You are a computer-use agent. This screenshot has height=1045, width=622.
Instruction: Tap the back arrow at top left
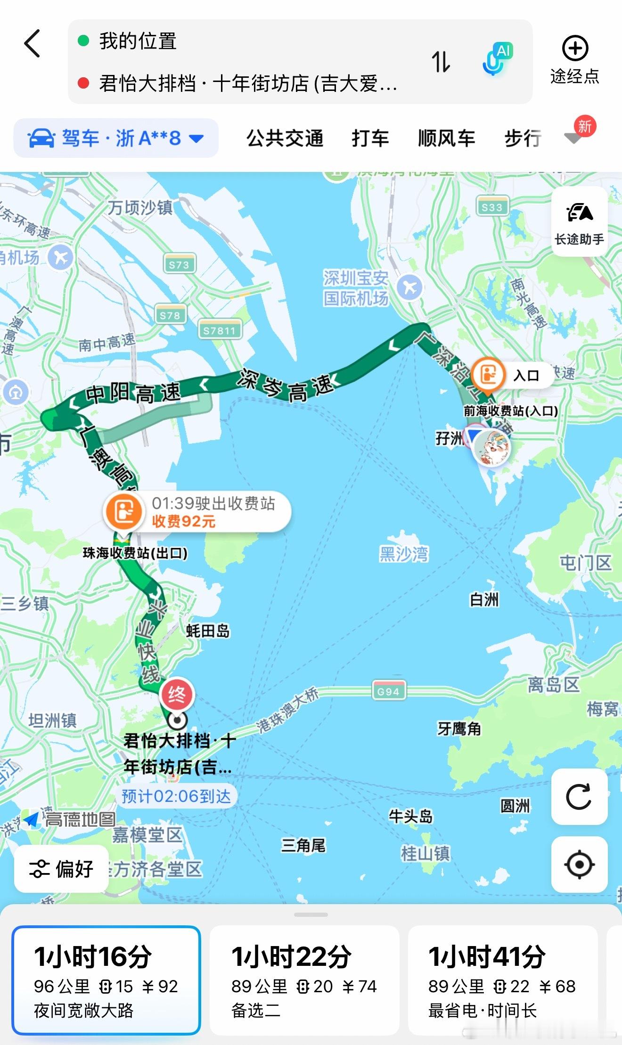(x=32, y=43)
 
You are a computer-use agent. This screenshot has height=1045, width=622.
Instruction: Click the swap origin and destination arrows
(x=441, y=62)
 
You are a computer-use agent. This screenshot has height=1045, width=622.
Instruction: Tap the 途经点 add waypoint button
(x=575, y=59)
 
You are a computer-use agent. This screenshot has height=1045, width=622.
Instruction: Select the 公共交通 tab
(x=285, y=139)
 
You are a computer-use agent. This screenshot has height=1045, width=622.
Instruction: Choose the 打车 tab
(x=370, y=139)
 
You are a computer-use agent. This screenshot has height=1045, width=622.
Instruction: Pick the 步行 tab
(x=523, y=139)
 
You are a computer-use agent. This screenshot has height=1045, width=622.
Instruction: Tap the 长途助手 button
(x=579, y=222)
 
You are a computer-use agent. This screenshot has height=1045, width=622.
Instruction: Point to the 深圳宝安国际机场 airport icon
(x=409, y=287)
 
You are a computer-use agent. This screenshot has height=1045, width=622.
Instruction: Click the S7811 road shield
(x=219, y=330)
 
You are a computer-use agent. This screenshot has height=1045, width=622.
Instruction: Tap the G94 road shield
(x=388, y=691)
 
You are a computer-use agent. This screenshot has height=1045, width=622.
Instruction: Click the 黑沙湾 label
(x=404, y=554)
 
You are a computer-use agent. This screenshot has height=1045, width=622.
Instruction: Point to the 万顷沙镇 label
(x=140, y=207)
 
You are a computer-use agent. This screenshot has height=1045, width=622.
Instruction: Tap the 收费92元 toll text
(x=184, y=522)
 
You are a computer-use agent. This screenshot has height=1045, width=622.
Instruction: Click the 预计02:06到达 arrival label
(x=176, y=796)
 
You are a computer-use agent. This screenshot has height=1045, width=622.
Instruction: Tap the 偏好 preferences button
(x=61, y=869)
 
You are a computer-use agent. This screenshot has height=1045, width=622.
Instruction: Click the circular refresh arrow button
(x=579, y=797)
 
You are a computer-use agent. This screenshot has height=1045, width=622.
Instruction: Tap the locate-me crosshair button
(x=579, y=865)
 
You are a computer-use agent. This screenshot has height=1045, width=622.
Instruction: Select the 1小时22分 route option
(x=304, y=980)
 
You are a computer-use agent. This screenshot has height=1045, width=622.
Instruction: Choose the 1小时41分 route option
(x=502, y=980)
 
